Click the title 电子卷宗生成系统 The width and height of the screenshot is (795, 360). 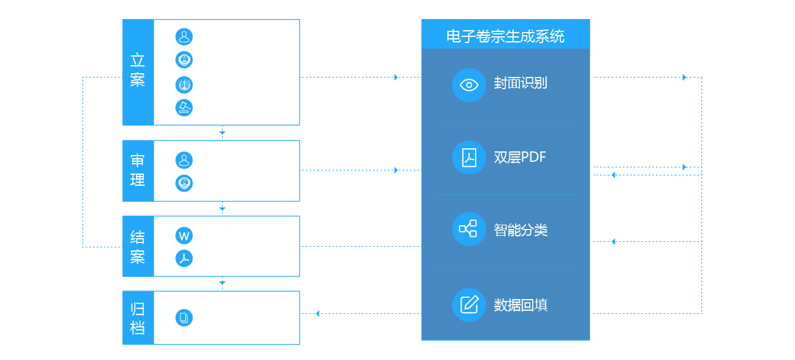[x=505, y=36]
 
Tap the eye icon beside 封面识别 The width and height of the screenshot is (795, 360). [x=469, y=85]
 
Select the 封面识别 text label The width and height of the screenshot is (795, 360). [x=521, y=83]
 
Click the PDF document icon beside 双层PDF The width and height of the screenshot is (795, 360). [x=469, y=158]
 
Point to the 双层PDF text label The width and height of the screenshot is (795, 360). [x=520, y=157]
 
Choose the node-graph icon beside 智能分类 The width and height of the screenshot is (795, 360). [x=469, y=229]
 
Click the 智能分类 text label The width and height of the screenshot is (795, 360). [x=521, y=230]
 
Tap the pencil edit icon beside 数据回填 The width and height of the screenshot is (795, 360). [x=469, y=305]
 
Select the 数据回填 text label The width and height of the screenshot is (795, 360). [x=521, y=305]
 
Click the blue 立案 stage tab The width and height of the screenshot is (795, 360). [x=138, y=72]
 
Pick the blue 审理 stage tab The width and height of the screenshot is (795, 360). [x=138, y=170]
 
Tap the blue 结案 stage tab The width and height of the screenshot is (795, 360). [x=138, y=246]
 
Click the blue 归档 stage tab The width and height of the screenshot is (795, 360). [x=138, y=318]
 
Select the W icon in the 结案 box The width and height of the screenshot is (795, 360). [x=184, y=236]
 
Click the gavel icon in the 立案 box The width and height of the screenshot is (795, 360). [x=184, y=108]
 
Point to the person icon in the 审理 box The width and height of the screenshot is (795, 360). [x=184, y=161]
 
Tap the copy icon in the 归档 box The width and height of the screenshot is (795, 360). [x=184, y=318]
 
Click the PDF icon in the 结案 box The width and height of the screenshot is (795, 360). [x=184, y=258]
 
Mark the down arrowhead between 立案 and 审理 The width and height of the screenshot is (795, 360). [x=222, y=133]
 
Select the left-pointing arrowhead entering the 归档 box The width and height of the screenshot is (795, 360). [x=318, y=314]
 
